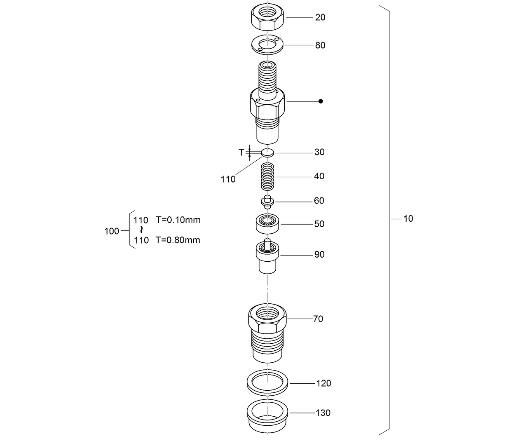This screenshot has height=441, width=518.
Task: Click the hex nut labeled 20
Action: pyautogui.click(x=267, y=18)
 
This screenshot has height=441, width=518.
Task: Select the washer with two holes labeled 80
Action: pyautogui.click(x=267, y=45)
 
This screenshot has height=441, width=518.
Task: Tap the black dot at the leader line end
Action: pyautogui.click(x=321, y=101)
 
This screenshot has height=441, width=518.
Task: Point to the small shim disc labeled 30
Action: pyautogui.click(x=267, y=152)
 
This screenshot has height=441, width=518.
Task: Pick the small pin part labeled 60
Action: pyautogui.click(x=267, y=201)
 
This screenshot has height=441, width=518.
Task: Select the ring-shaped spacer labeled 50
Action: pyautogui.click(x=268, y=224)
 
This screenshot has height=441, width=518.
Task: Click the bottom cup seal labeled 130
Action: pyautogui.click(x=267, y=415)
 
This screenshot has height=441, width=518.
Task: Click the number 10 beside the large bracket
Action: pyautogui.click(x=408, y=219)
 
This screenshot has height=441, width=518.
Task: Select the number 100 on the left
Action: pyautogui.click(x=112, y=231)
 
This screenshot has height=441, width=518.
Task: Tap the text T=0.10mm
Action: pyautogui.click(x=178, y=220)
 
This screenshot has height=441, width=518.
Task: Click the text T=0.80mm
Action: pyautogui.click(x=178, y=240)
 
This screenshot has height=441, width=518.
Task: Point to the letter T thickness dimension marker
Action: pyautogui.click(x=241, y=152)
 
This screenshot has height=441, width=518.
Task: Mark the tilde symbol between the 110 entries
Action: pyautogui.click(x=141, y=230)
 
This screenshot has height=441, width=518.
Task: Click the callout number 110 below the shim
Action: pyautogui.click(x=228, y=179)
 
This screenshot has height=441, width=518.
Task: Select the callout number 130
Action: pyautogui.click(x=323, y=413)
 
